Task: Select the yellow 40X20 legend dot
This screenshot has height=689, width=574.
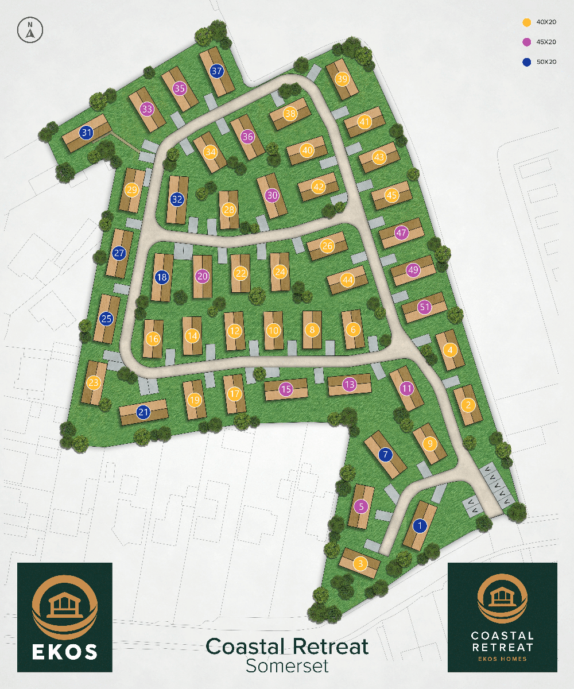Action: click(x=525, y=22)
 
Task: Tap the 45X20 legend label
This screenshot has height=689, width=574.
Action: click(x=546, y=42)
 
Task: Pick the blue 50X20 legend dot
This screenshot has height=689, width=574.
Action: click(x=525, y=61)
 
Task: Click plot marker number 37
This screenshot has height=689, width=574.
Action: click(x=216, y=72)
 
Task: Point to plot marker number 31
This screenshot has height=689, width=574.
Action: click(x=87, y=133)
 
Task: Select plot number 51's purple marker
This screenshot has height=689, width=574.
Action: click(x=424, y=307)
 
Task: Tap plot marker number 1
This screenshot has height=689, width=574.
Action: click(x=420, y=525)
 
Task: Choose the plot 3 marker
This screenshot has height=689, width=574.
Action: click(x=360, y=563)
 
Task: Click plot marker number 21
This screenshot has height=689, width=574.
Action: click(x=143, y=412)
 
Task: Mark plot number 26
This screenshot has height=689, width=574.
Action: click(x=327, y=246)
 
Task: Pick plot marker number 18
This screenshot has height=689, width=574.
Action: click(x=162, y=277)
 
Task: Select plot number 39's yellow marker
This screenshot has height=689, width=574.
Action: click(x=342, y=79)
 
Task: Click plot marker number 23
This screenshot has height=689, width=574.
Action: click(x=94, y=382)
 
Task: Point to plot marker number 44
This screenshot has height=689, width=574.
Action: click(x=347, y=280)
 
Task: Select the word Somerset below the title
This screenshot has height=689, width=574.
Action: click(x=287, y=666)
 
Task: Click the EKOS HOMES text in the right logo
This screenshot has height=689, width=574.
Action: click(x=502, y=658)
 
